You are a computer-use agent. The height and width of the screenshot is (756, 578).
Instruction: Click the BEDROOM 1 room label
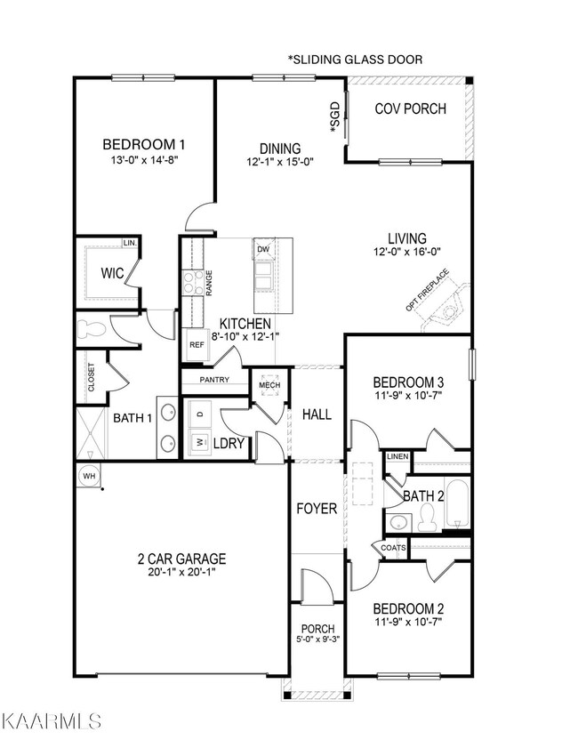143,145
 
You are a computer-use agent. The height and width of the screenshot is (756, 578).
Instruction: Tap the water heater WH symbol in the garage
87,474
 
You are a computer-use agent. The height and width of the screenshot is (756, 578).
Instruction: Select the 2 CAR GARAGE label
181,559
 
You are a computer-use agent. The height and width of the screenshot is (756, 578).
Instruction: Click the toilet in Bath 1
92,330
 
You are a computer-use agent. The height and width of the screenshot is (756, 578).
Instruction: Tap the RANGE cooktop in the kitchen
191,282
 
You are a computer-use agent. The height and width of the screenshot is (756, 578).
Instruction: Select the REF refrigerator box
196,344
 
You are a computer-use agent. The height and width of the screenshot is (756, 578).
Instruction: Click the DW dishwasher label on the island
263,250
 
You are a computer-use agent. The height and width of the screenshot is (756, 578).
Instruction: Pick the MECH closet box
269,384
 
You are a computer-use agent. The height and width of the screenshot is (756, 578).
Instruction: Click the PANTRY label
214,380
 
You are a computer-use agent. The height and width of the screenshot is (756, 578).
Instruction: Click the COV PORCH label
410,109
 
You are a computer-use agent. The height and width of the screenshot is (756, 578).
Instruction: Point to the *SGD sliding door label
335,118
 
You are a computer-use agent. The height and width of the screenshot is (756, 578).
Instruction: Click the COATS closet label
393,548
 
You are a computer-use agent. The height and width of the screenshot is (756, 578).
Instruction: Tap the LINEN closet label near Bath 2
398,456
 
